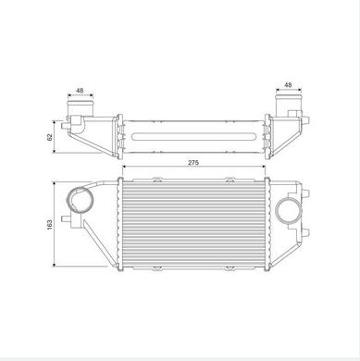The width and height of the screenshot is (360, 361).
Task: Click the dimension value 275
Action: (x=193, y=162)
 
